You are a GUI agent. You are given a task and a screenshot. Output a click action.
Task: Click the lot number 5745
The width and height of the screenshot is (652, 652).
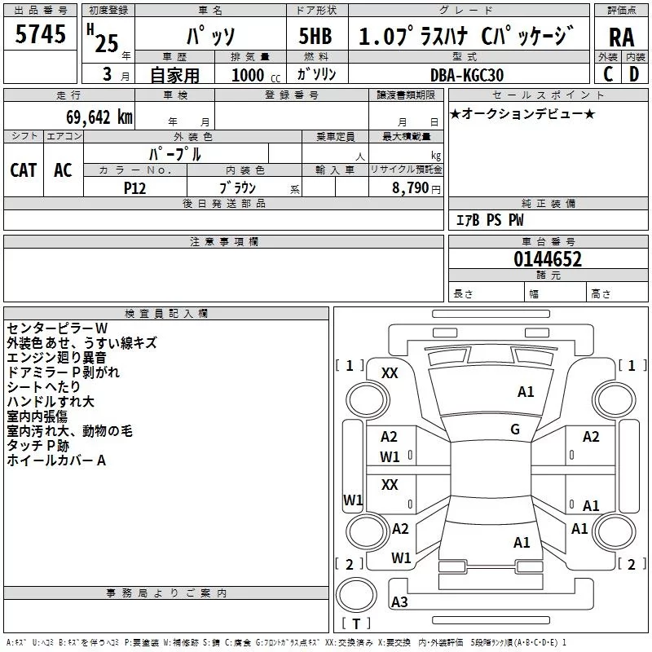point(40,33)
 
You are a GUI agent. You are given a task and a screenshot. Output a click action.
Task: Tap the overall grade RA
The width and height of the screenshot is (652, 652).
point(621,37)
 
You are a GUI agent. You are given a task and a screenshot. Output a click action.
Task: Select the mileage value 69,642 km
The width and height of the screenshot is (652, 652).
point(99,117)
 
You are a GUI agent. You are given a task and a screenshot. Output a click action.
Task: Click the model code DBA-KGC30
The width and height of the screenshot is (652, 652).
point(467,75)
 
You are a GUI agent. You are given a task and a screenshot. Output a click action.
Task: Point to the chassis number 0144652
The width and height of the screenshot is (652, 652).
point(548,258)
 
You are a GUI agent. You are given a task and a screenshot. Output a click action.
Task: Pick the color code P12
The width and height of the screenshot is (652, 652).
point(134,188)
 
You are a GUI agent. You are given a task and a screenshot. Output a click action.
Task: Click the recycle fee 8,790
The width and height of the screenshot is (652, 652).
point(411,187)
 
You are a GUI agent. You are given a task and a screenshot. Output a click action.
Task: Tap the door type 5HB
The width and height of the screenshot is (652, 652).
point(315,36)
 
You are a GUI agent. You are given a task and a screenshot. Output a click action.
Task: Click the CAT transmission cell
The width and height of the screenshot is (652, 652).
point(24,170)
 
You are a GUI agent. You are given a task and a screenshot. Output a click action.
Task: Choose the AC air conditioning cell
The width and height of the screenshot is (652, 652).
point(63,170)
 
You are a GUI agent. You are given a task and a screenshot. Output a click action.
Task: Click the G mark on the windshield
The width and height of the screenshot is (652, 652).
point(515,429)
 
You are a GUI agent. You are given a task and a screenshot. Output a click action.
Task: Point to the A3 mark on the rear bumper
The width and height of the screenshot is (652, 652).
point(399,601)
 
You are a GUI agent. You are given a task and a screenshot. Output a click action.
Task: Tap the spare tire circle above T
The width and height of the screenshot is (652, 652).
point(356,594)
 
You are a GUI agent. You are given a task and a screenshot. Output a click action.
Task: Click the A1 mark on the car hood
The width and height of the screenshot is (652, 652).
point(526,391)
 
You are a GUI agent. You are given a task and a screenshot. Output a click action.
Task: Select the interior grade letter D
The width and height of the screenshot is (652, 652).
point(634,74)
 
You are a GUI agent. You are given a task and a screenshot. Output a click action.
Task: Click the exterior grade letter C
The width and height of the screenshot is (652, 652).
point(608,74)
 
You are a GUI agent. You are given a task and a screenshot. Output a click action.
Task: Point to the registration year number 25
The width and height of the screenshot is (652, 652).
point(107,43)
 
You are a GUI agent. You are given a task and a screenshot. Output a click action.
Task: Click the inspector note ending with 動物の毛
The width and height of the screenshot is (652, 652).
point(69,431)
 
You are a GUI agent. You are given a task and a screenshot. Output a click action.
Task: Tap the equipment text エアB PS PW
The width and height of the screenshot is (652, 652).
point(490,219)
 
